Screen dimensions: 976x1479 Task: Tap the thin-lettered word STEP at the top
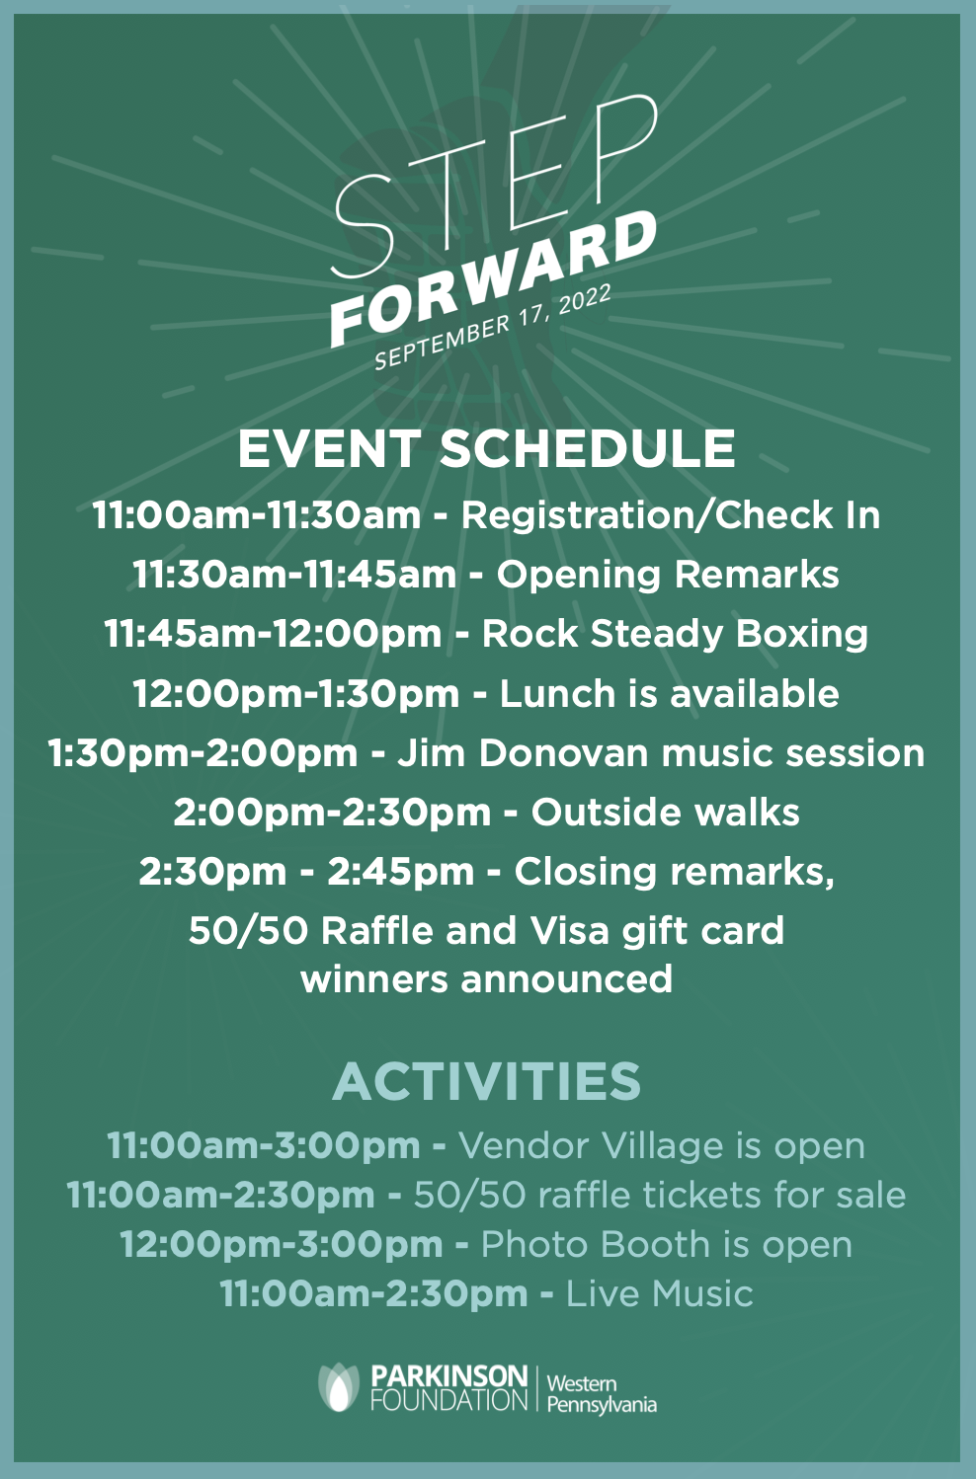[496, 185]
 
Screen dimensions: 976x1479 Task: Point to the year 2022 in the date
[585, 301]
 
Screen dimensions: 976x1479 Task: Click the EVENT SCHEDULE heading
[487, 448]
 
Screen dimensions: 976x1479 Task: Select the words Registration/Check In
[671, 515]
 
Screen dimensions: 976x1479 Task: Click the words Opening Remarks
[668, 575]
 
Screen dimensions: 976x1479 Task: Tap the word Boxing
[801, 635]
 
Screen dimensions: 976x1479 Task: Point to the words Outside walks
[666, 813]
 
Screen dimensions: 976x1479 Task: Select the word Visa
[570, 931]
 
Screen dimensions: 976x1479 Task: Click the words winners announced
[487, 978]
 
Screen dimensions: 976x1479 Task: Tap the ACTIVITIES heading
[487, 1081]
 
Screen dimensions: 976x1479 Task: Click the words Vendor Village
[591, 1146]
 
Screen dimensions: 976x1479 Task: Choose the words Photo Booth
[596, 1245]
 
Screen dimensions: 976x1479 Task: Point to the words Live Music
[660, 1293]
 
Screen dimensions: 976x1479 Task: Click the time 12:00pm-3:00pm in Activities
[282, 1245]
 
